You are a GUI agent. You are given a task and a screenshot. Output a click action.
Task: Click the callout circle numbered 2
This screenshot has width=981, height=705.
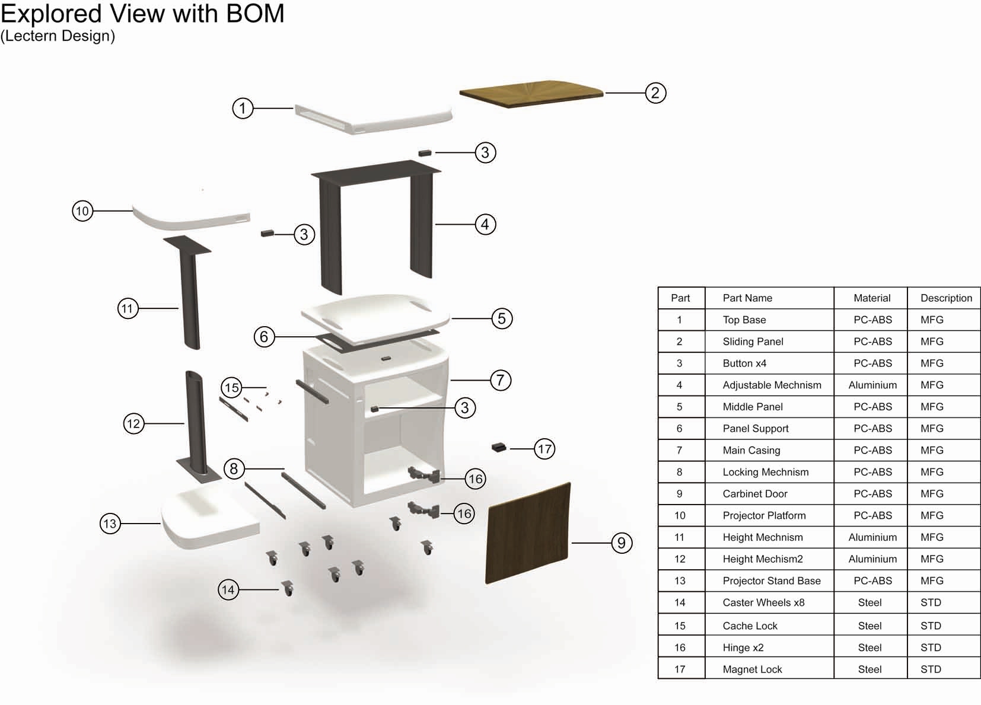(x=655, y=93)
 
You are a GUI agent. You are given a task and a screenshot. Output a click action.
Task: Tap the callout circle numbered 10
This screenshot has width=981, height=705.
(x=82, y=210)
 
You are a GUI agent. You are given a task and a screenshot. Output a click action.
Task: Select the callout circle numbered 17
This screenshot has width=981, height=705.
(x=544, y=449)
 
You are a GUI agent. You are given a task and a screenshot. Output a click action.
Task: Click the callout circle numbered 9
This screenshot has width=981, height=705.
(x=621, y=543)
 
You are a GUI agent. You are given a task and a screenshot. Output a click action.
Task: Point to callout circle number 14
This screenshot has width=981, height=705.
(x=228, y=589)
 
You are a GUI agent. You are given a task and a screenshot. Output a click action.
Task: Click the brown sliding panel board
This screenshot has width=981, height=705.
(x=531, y=94)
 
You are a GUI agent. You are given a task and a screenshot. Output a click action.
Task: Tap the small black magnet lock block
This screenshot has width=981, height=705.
(x=499, y=447)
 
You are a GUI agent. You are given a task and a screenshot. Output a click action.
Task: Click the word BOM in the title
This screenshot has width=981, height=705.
(x=254, y=13)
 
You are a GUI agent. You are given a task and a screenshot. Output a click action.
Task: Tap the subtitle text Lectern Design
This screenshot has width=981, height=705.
(x=58, y=36)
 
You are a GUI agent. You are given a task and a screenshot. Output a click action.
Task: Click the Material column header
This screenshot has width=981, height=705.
(x=871, y=298)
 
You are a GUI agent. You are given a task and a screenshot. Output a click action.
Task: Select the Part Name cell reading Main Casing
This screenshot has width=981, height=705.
(x=751, y=450)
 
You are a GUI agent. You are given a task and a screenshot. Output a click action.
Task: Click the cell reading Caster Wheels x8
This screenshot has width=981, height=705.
(x=763, y=602)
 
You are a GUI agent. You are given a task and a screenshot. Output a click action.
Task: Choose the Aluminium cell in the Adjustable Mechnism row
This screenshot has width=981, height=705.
(x=872, y=385)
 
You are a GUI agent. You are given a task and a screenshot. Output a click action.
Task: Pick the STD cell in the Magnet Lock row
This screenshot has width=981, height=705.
(x=930, y=669)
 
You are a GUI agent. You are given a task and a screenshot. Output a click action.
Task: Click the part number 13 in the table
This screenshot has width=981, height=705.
(x=680, y=580)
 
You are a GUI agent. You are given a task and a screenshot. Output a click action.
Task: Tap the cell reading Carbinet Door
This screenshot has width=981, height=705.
(x=754, y=494)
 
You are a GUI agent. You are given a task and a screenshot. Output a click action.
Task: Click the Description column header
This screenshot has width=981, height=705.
(x=945, y=298)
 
